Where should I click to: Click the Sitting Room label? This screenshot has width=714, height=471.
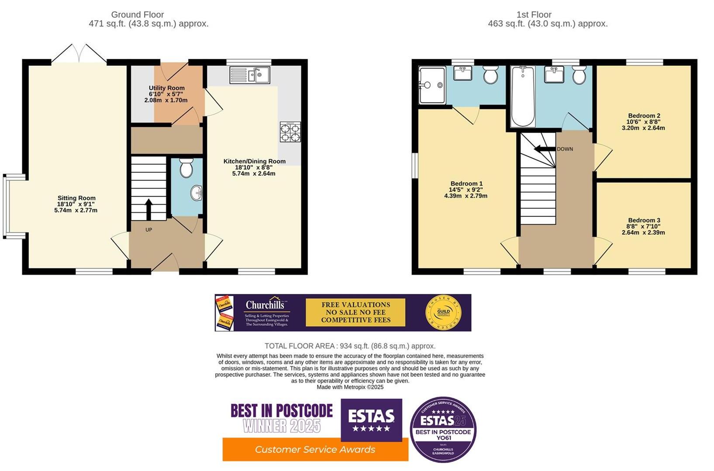76,198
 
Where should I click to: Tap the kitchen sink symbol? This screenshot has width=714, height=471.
250,75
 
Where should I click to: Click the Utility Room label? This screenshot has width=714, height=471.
166,88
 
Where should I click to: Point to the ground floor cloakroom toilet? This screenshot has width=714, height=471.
186,168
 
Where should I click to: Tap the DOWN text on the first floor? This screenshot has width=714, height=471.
565,149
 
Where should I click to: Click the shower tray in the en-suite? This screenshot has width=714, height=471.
432,85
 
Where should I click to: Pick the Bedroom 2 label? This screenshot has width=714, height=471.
643,116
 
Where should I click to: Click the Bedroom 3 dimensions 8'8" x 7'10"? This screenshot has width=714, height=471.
644,226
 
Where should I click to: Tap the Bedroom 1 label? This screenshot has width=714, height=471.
466,184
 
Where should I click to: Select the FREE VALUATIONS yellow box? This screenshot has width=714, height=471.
355,312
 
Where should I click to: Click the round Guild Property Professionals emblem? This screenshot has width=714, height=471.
443,313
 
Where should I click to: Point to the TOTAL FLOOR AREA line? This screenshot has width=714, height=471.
350,346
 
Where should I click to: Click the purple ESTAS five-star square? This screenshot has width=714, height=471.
371,420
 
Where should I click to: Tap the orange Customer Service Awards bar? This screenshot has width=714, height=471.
315,450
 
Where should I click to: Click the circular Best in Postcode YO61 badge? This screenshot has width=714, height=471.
443,430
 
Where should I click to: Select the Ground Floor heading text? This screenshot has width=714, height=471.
138,15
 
